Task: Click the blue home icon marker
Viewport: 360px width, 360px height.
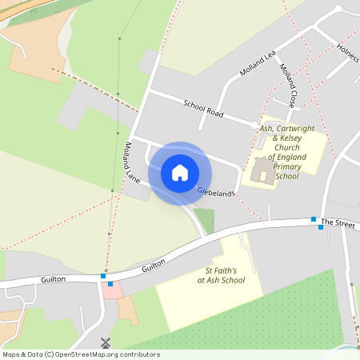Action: [180, 173]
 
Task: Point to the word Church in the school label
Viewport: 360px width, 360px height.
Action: [286, 148]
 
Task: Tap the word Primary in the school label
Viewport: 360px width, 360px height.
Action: [286, 166]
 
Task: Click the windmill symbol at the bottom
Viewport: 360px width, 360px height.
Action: [104, 342]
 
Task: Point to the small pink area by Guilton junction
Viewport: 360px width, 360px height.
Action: [112, 289]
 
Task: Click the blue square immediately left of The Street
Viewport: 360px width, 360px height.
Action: [314, 219]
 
